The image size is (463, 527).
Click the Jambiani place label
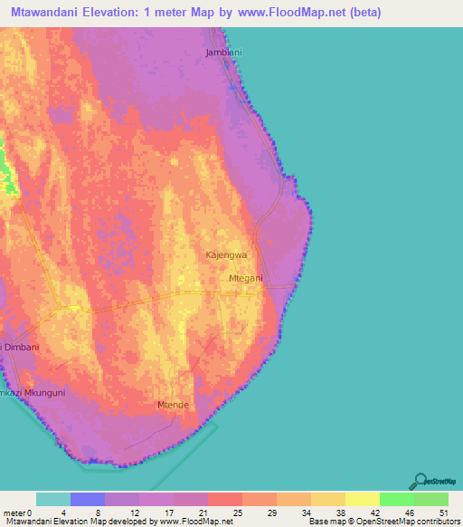(x=224, y=53)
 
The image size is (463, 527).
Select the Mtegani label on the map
(x=246, y=278)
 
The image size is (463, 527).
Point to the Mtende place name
(x=173, y=404)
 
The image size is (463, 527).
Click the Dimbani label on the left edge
(x=18, y=346)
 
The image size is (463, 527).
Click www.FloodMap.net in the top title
(x=295, y=13)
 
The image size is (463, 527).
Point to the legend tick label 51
(x=441, y=512)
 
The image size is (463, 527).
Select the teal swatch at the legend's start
(x=53, y=499)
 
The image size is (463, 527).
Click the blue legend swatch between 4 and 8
(x=88, y=499)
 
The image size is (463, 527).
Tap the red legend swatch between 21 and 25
(x=225, y=499)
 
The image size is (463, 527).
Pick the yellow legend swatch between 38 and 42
(x=363, y=499)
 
